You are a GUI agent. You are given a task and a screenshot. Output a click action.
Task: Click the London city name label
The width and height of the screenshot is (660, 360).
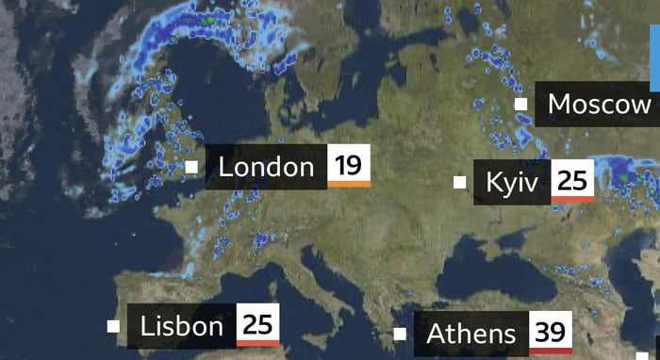point(265,168)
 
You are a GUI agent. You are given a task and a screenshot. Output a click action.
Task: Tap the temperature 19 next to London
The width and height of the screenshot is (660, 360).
point(348,166)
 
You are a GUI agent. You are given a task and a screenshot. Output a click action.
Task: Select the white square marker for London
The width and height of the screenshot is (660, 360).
point(191,167)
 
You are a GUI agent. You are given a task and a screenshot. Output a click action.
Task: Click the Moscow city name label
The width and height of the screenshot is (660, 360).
point(599,104)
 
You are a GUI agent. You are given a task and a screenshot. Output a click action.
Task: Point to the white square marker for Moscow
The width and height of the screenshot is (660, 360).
point(520,104)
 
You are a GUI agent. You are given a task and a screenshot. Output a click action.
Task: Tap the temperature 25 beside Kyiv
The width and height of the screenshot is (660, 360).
point(572,180)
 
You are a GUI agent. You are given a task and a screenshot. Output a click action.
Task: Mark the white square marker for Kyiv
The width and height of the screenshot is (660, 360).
point(460,182)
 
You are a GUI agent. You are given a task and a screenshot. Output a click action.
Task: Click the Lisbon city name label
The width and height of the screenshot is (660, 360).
point(182,327)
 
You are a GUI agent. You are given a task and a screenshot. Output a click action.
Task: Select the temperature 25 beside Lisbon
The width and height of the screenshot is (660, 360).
point(257,325)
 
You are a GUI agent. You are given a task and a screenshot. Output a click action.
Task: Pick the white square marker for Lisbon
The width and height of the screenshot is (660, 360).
point(113,327)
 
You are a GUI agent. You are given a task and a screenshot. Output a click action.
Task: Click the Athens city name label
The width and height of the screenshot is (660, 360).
point(471,334)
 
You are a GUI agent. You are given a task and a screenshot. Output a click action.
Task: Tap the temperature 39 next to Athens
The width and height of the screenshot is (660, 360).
point(551,332)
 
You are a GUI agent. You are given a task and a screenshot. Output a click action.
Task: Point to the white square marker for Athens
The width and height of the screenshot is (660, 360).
point(400,334)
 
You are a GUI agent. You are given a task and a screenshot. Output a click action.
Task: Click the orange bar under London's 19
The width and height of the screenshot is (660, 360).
point(348,185)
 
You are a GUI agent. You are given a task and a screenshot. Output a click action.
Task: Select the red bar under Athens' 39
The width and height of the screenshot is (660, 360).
point(551,350)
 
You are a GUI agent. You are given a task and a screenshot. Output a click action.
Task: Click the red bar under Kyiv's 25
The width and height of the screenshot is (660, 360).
point(572,199)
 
